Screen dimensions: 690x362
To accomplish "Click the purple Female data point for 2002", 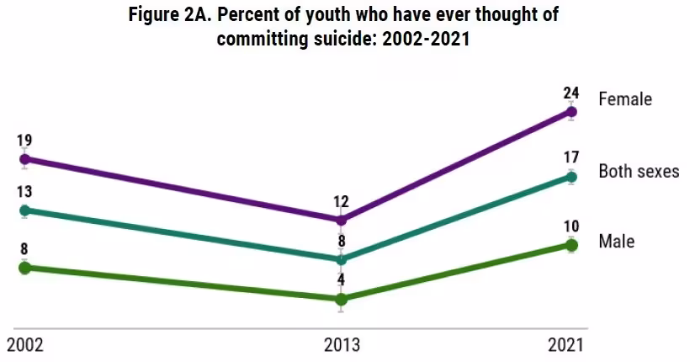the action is [25, 159].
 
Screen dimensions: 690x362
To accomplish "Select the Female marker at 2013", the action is [341, 219].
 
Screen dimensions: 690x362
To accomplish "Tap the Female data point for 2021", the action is [571, 112].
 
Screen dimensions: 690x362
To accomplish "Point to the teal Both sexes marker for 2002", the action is [25, 210].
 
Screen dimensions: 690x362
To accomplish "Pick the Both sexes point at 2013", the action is [341, 259].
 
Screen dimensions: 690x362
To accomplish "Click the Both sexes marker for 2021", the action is [571, 177].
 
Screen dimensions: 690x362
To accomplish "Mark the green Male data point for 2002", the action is [25, 268].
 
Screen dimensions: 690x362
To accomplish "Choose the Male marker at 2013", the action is [341, 300].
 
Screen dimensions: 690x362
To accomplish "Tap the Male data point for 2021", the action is [571, 245].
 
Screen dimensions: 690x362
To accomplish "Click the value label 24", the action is [571, 93].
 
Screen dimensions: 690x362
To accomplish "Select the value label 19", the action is [24, 141].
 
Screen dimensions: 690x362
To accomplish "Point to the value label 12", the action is [341, 202].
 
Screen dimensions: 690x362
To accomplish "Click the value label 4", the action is [341, 279].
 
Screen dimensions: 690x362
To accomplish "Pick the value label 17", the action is [571, 157].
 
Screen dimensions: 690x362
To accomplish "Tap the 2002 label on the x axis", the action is [25, 345].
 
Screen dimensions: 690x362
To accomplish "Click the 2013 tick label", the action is [342, 345].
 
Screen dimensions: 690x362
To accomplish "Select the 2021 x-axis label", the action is [565, 345].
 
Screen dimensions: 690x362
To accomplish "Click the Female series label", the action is [625, 99].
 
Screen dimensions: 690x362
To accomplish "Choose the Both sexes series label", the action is [639, 171].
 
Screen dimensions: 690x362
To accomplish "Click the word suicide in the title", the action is [342, 39].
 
